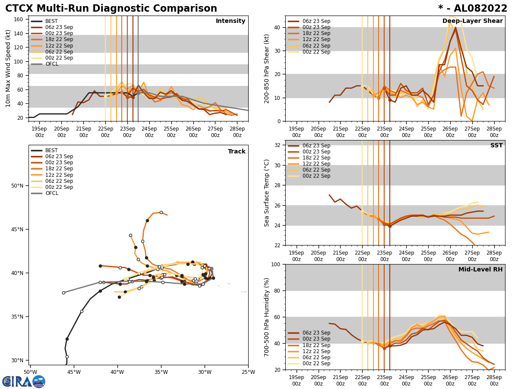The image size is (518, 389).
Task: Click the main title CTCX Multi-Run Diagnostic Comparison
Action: tap(111, 9)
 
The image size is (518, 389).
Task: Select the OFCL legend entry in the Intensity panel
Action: tap(51, 64)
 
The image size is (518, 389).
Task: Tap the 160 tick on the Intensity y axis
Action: tap(19, 19)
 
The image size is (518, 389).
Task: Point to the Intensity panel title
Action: tap(231, 21)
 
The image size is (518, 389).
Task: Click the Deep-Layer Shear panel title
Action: tap(472, 21)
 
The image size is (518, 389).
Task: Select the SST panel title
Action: tap(496, 146)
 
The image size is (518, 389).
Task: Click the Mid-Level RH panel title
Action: tap(480, 270)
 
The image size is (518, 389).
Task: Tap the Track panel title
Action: tap(237, 152)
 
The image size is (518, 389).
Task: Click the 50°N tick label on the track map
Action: tap(17, 186)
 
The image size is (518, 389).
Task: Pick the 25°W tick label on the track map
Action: tap(248, 372)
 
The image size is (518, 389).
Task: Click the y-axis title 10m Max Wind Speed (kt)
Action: tap(8, 68)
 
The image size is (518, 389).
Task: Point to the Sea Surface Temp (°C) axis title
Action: tap(267, 193)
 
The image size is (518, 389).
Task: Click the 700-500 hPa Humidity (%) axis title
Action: tap(267, 317)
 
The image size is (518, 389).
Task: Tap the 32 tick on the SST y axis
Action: tap(278, 145)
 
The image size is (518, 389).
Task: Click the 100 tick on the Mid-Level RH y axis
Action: tap(276, 264)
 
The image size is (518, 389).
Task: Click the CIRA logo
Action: tap(24, 382)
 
